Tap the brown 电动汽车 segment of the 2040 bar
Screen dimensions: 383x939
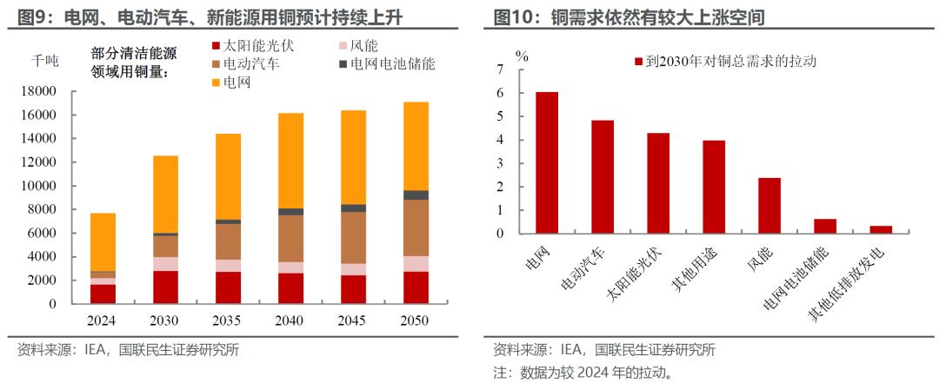tap(290, 238)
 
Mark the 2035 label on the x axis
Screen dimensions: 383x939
tap(228, 320)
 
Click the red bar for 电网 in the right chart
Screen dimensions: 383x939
tap(546, 162)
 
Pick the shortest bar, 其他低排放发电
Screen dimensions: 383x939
tap(881, 229)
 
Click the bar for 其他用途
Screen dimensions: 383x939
tap(714, 187)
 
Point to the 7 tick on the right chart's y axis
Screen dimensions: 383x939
tap(499, 69)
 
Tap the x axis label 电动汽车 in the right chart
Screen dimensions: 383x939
tap(583, 266)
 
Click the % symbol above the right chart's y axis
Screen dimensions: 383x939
tap(522, 56)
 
